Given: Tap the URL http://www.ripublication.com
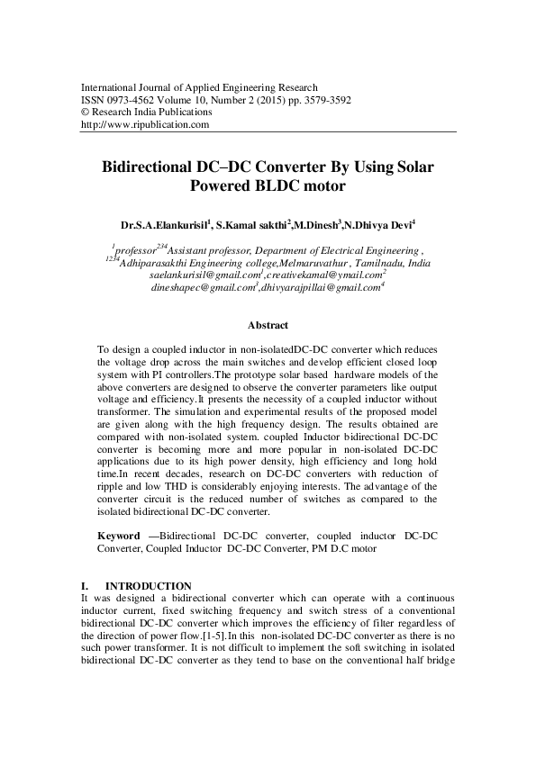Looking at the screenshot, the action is [145, 125].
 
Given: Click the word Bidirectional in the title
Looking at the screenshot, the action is [154, 167].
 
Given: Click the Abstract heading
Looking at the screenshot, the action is [268, 324].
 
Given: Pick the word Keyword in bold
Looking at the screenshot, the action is [120, 535].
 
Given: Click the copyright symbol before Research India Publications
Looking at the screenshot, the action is [85, 113].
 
